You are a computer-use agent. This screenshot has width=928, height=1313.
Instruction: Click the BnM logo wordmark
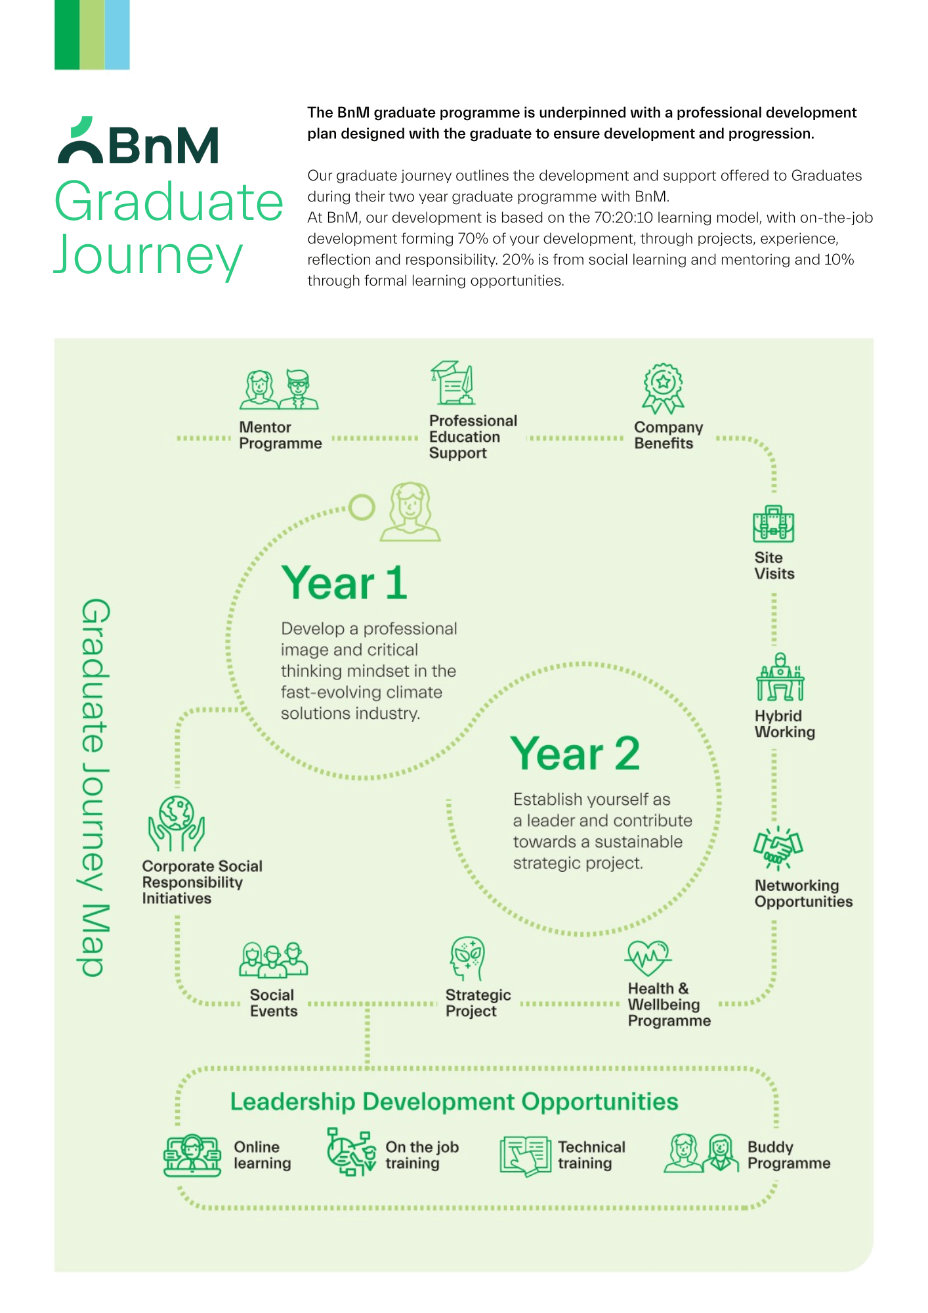[x=138, y=140]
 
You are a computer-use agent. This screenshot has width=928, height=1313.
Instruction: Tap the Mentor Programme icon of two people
[x=279, y=389]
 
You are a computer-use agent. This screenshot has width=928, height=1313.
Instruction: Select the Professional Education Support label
[x=473, y=437]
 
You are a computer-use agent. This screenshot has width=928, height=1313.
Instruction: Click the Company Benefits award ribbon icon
[x=663, y=389]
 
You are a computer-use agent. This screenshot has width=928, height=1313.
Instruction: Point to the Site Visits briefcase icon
[x=774, y=524]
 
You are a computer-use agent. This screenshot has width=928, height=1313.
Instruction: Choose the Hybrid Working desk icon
[x=780, y=677]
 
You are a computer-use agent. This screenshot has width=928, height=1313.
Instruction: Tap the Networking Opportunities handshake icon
[x=778, y=848]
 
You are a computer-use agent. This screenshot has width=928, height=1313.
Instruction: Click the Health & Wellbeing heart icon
[x=648, y=958]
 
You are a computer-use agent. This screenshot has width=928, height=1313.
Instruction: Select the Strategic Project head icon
[x=467, y=959]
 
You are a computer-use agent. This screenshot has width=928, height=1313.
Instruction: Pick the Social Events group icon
[x=273, y=960]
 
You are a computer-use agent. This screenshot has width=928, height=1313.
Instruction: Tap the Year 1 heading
[x=345, y=583]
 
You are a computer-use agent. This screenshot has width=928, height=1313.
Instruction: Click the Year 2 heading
[x=575, y=753]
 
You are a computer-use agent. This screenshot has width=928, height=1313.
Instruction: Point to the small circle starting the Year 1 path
[x=362, y=507]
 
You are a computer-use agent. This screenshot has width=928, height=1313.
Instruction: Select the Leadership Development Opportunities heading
[x=454, y=1102]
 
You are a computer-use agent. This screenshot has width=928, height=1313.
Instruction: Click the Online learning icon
[x=192, y=1155]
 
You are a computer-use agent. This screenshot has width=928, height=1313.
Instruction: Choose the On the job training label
[x=422, y=1155]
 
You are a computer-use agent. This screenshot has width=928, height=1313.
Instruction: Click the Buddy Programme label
[x=789, y=1155]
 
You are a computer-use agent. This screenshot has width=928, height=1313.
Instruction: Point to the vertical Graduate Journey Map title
[x=94, y=787]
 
